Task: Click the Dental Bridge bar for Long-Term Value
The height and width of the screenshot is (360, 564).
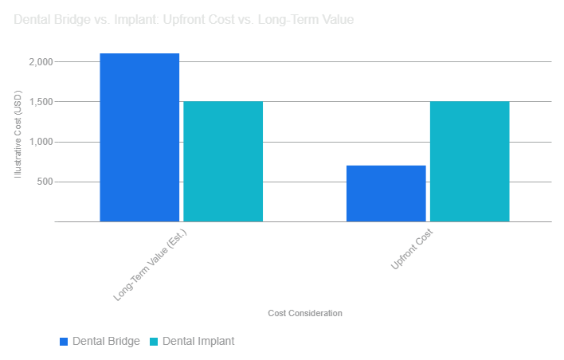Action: (139, 137)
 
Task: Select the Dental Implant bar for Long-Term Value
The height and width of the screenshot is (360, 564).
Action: (223, 161)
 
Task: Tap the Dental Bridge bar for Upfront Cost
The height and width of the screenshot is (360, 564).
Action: (386, 193)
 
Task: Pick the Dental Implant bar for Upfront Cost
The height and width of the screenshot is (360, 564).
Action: (469, 161)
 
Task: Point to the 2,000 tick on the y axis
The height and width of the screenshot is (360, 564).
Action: (40, 62)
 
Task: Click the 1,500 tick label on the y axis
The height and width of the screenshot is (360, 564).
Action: (40, 102)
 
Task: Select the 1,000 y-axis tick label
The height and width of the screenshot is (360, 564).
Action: (40, 142)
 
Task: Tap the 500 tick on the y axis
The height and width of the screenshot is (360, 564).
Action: (44, 182)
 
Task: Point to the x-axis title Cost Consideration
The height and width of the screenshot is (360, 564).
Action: (305, 314)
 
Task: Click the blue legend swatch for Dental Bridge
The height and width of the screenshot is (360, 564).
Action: (64, 341)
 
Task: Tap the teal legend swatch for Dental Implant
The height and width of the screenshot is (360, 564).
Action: (154, 341)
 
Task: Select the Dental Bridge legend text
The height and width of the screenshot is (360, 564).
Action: (106, 341)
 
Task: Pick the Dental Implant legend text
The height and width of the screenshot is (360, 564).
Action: (198, 341)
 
